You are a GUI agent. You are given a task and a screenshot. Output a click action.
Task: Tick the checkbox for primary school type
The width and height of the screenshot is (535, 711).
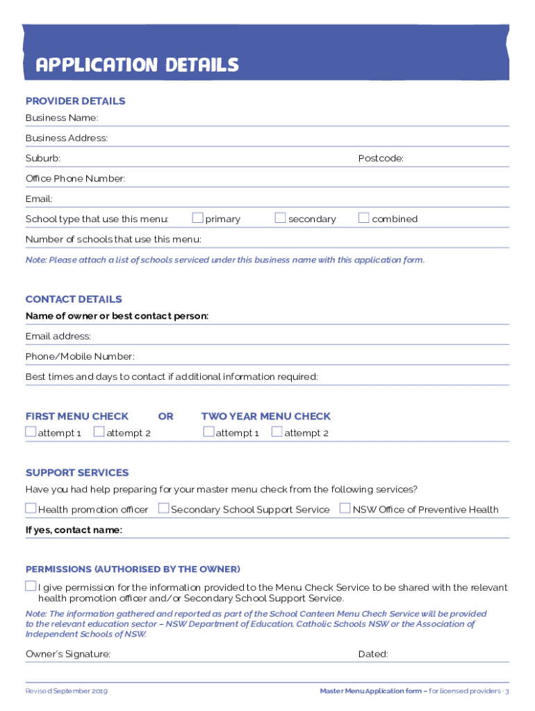click(198, 218)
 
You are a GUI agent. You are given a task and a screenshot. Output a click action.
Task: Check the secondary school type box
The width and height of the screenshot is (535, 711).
click(280, 218)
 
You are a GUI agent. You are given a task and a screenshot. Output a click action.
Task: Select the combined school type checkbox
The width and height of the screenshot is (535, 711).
click(363, 218)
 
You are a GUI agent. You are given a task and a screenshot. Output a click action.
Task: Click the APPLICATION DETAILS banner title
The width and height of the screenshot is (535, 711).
click(137, 65)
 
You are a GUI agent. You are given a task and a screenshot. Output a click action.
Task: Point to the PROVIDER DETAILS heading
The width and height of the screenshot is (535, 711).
click(75, 101)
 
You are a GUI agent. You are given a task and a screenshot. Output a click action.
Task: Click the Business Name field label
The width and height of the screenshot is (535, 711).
click(62, 118)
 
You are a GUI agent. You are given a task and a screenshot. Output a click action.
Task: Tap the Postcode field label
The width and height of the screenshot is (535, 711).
click(381, 159)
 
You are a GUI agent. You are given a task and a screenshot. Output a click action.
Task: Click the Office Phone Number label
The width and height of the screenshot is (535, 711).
click(75, 179)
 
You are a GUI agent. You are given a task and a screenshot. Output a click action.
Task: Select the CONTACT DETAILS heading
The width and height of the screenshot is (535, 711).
click(74, 299)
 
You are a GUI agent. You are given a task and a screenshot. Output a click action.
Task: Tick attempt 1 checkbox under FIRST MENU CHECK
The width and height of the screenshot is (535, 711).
click(31, 432)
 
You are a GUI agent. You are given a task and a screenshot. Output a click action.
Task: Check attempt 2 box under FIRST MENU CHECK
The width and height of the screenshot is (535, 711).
click(99, 432)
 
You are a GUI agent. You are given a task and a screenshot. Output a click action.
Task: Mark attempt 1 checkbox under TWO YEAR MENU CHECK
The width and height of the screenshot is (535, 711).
click(208, 432)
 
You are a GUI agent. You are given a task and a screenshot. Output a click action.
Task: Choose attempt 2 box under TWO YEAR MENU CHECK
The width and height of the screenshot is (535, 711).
click(277, 432)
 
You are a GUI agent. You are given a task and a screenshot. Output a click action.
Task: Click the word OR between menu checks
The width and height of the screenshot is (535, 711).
click(165, 417)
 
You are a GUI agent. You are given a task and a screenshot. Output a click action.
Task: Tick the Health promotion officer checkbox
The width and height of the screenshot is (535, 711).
click(31, 508)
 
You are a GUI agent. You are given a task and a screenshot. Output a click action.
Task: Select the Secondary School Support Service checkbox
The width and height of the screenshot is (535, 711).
click(163, 508)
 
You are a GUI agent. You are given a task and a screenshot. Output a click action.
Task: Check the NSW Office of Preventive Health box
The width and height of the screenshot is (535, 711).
click(345, 508)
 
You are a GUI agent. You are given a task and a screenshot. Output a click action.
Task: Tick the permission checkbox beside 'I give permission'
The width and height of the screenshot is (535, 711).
click(31, 586)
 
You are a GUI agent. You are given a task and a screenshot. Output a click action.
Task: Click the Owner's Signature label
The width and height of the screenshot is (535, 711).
click(67, 654)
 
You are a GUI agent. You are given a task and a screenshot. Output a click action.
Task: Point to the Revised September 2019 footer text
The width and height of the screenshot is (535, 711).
click(67, 692)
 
